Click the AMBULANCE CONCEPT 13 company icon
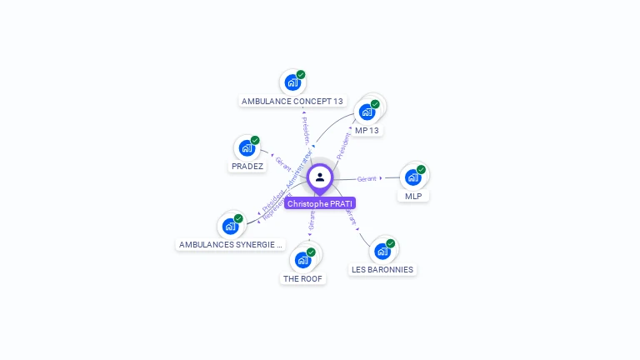coord(292,82)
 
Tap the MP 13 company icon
coord(367,112)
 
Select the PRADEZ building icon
coord(246,148)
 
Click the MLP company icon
coord(412,177)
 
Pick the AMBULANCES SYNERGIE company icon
coord(230,226)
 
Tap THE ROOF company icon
coord(303,259)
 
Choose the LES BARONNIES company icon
coord(382,251)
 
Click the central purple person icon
coord(320,177)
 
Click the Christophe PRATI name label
coord(320,203)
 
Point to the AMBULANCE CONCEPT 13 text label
coord(292,102)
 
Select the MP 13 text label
coord(367,131)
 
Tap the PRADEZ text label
coord(247,167)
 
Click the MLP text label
coord(413,197)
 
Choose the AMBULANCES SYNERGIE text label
coord(231,245)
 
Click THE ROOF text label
coord(302,279)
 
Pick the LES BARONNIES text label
coord(382,270)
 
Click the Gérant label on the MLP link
coord(367,178)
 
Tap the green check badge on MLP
coord(421,170)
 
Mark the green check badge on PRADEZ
coord(255,141)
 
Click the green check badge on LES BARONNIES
coord(391,244)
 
